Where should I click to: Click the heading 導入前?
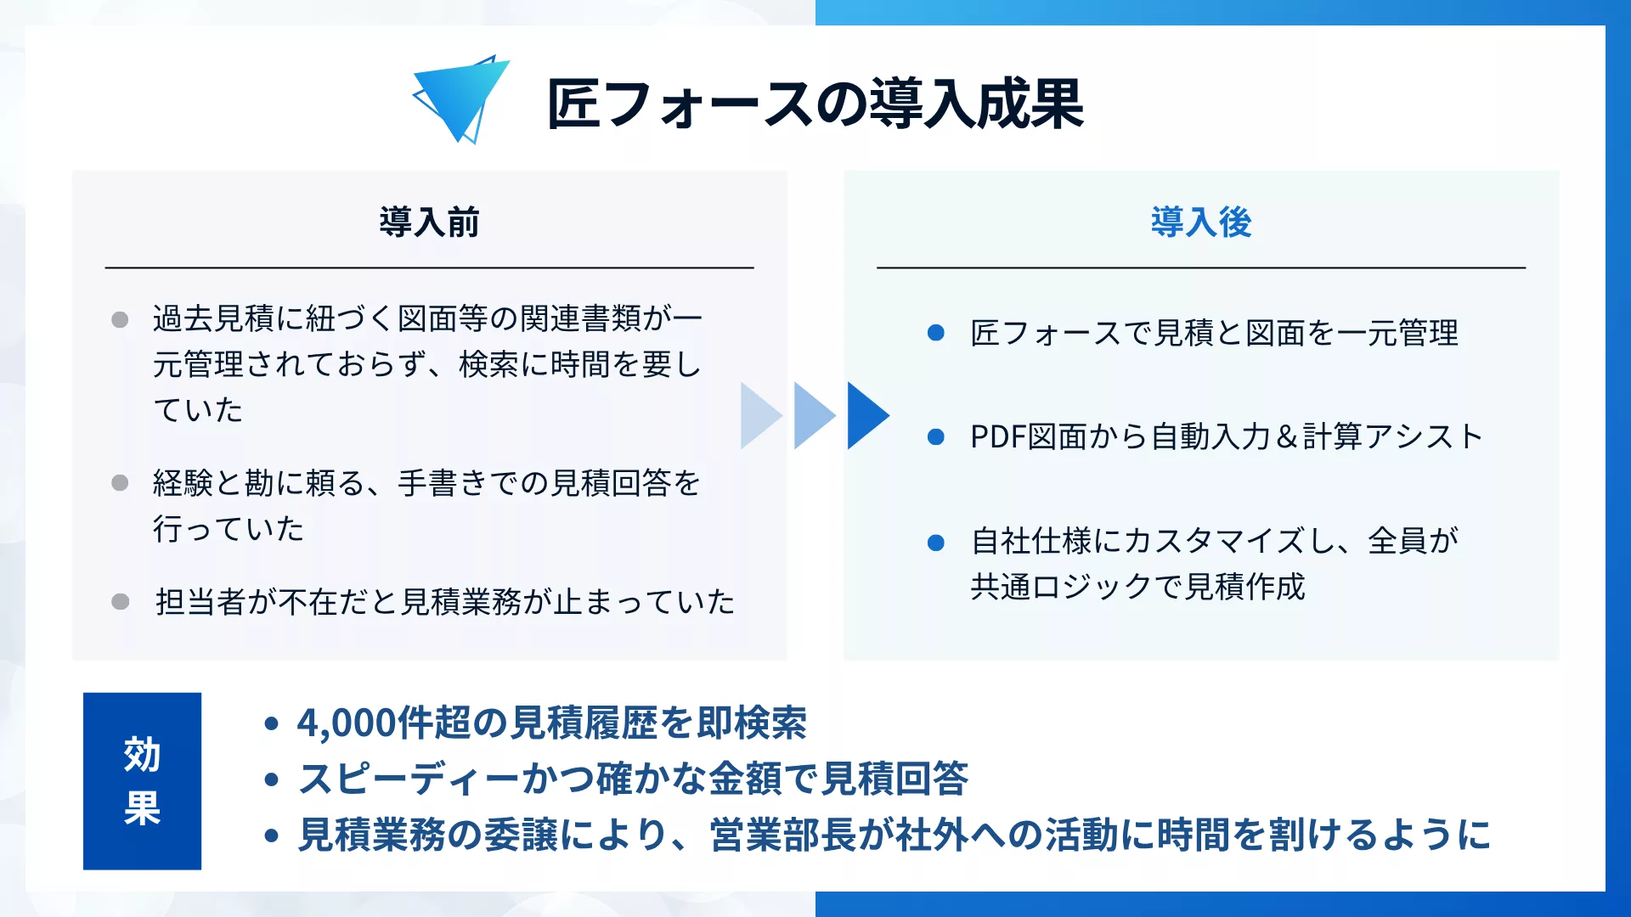(x=429, y=222)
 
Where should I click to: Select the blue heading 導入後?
(x=1200, y=222)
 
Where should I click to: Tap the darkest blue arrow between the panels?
(x=866, y=415)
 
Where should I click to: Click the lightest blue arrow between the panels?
(x=759, y=415)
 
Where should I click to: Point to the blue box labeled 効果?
(x=142, y=780)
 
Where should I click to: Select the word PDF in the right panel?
(x=998, y=437)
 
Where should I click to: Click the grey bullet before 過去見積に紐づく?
(x=120, y=320)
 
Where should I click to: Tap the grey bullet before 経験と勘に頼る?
(x=120, y=483)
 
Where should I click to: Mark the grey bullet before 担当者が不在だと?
(x=120, y=602)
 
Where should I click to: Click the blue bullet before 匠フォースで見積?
(x=935, y=333)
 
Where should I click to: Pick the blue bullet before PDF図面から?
(x=935, y=437)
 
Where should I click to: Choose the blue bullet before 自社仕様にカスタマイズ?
(x=935, y=543)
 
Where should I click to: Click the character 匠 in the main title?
(x=573, y=104)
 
